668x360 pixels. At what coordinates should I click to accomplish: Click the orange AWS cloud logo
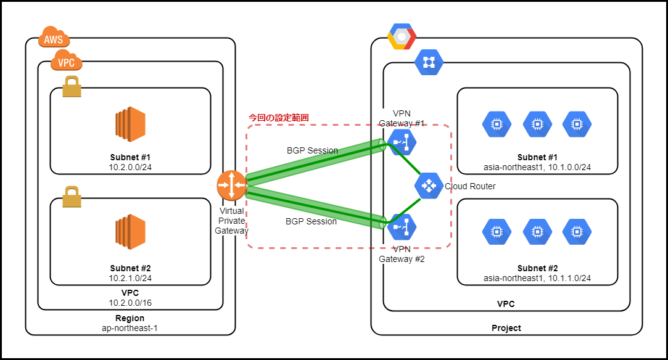coord(54,38)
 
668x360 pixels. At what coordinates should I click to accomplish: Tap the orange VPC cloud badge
coord(66,62)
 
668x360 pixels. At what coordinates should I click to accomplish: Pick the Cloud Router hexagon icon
coord(428,185)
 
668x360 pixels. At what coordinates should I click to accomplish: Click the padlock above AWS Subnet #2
coord(72,197)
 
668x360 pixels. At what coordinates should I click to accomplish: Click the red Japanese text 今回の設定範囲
coord(278,117)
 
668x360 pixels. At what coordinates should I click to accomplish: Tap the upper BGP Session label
coord(312,150)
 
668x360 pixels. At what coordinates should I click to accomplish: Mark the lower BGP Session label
coord(312,221)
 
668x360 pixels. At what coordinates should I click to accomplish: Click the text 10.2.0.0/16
coord(130,302)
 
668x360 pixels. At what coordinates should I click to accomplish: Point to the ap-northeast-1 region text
coord(130,328)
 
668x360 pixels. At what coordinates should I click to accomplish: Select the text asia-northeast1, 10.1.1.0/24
coord(537,279)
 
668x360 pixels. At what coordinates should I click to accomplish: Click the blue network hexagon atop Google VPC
coord(429,62)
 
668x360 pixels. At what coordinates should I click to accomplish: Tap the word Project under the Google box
coord(506,328)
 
